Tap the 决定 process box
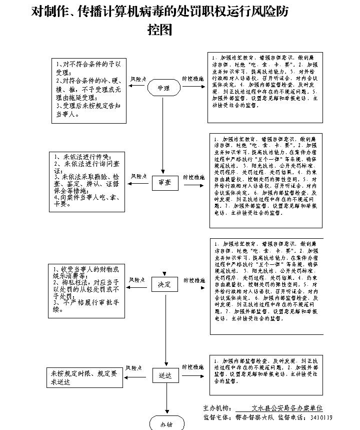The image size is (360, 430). pos(164,285)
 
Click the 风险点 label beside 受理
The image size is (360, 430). pos(138,79)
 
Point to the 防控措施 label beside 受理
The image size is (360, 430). pos(192,79)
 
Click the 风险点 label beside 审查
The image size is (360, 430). pos(138,176)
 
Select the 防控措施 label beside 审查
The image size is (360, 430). pos(192,177)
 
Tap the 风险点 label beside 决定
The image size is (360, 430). pos(137,279)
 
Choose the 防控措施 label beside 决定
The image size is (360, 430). pos(192,279)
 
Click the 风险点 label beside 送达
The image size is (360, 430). pos(135,368)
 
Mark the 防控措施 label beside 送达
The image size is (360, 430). pos(192,367)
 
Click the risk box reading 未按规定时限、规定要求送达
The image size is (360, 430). pos(85,377)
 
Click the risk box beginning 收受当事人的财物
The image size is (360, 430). pos(86,289)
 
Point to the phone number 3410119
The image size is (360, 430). pos(321,417)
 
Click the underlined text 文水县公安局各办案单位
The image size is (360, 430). pos(287,408)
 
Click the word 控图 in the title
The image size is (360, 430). pos(159,30)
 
